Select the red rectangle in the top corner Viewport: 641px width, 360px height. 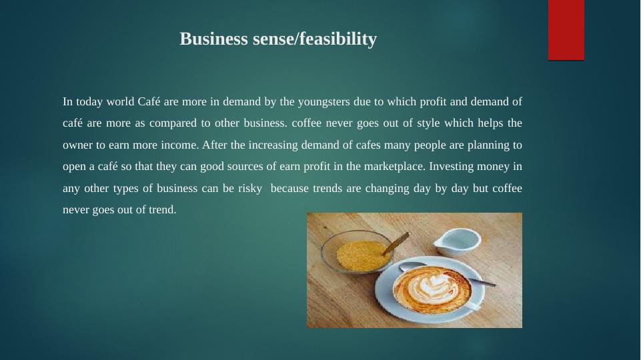pos(566,30)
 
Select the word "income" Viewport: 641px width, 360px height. pos(178,145)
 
